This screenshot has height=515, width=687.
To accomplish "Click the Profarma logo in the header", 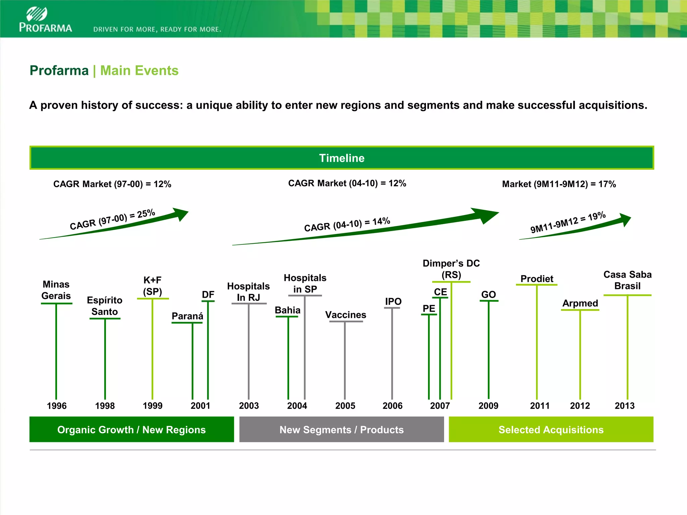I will coord(45,20).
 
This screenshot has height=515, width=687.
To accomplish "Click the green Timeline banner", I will coord(341,158).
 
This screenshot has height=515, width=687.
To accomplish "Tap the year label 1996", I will coord(57,406).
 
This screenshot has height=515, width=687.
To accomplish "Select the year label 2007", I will coord(440,406).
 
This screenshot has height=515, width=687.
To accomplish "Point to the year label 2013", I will coord(624,406).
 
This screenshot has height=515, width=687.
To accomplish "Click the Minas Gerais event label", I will coord(56,290).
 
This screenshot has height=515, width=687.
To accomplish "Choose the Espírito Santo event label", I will coord(105,306).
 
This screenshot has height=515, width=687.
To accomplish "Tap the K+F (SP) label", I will coord(153,286).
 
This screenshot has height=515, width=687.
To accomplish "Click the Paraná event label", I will coord(187,316).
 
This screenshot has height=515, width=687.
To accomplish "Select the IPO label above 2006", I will coord(393,301).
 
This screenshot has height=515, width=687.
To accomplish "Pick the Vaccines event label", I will coord(346,315).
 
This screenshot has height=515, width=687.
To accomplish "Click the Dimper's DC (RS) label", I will coord(451,269).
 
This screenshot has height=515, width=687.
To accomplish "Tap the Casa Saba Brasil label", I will coord(627,280).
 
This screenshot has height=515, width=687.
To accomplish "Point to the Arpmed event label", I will coord(580,303).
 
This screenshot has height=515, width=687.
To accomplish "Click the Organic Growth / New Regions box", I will coord(131,430).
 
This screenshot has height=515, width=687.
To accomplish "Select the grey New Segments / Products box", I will coord(341,430).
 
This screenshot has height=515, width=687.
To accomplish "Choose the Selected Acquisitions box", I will coord(551,430).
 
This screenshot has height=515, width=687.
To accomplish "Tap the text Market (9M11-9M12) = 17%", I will coord(559,184).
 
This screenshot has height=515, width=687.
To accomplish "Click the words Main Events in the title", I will coord(139,71).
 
